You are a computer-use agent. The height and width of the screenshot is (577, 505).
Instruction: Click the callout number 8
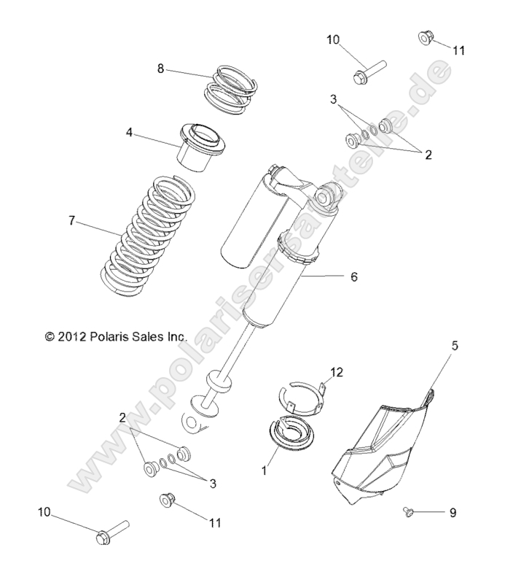point(160,69)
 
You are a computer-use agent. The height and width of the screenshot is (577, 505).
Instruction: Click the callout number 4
point(128,133)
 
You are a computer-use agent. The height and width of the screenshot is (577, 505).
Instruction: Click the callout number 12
point(335,373)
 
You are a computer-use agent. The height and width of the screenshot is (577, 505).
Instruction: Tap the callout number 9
point(452,513)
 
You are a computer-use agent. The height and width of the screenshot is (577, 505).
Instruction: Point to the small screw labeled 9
point(410,514)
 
